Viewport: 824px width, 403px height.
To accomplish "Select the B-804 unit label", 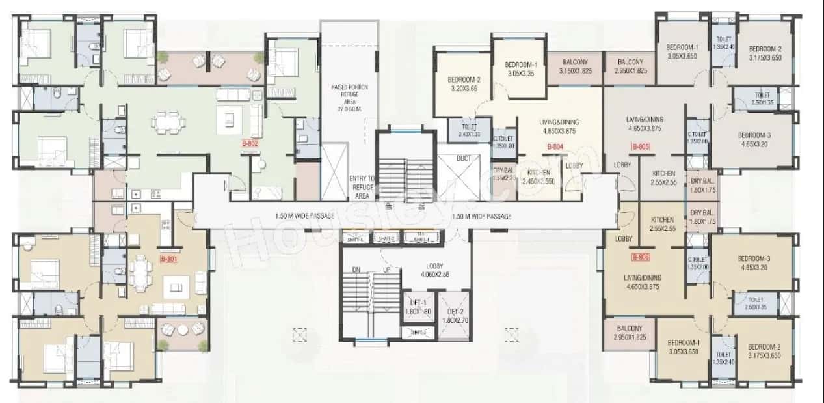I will (x=554, y=147).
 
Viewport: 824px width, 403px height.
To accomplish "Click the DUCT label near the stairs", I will (x=464, y=158).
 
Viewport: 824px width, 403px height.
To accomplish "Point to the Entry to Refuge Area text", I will (x=362, y=186).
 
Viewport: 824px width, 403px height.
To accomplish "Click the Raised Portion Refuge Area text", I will (x=347, y=98).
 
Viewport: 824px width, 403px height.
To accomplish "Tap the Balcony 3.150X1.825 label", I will (x=575, y=66).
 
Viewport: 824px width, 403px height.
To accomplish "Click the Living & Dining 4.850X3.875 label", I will (x=559, y=126).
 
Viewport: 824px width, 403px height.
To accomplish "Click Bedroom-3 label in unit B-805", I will (x=754, y=140).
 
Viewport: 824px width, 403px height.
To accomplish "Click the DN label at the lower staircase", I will (x=356, y=270).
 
